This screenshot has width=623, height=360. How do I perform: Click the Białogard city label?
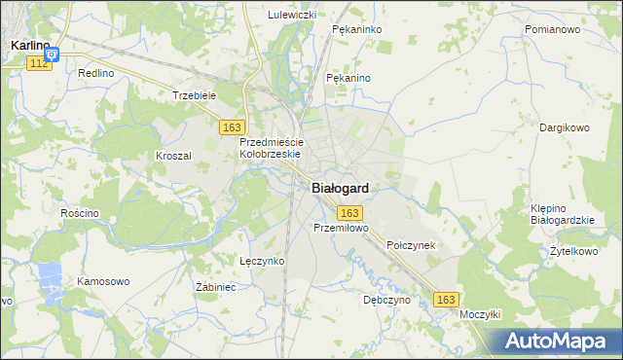(340, 189)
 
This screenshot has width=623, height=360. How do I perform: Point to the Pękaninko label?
(355, 30)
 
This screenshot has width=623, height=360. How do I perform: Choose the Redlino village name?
(96, 73)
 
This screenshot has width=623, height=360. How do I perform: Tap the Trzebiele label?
(193, 95)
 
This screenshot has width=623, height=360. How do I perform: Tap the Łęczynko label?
(262, 261)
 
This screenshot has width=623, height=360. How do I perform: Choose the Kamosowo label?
(103, 281)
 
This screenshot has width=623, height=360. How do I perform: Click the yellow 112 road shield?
(39, 62)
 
